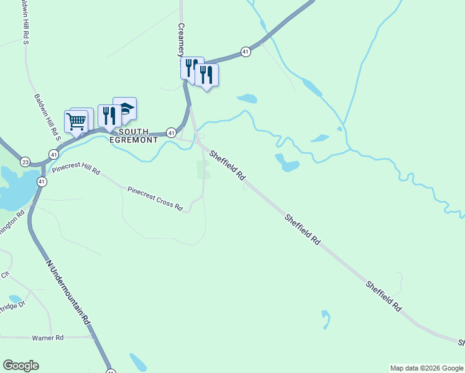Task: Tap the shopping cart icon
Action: pyautogui.click(x=76, y=121)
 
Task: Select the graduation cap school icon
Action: pyautogui.click(x=125, y=108)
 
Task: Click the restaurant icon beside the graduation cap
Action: pyautogui.click(x=109, y=116)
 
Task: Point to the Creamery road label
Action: pyautogui.click(x=182, y=40)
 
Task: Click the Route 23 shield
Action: pyautogui.click(x=25, y=162)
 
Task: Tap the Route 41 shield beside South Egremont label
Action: pyautogui.click(x=171, y=132)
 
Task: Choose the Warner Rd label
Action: pyautogui.click(x=48, y=338)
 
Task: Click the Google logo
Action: pyautogui.click(x=21, y=366)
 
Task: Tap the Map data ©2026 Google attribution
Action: pyautogui.click(x=426, y=368)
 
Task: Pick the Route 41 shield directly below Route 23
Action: pyautogui.click(x=41, y=182)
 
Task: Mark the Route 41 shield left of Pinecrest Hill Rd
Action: pyautogui.click(x=54, y=154)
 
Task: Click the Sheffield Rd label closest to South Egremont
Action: pyautogui.click(x=228, y=165)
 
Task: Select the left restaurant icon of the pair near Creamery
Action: pyautogui.click(x=191, y=67)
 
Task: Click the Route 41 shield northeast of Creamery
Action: pyautogui.click(x=246, y=52)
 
